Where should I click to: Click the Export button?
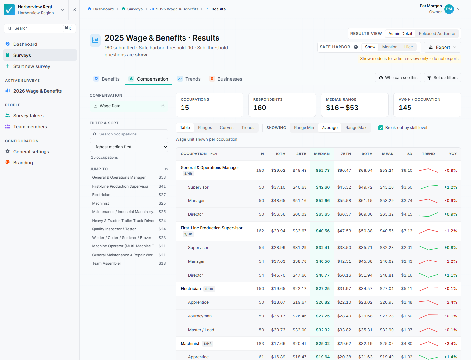pyautogui.click(x=442, y=47)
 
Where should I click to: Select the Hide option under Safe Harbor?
pyautogui.click(x=408, y=47)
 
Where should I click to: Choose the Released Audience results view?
pyautogui.click(x=437, y=34)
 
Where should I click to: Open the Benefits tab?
pyautogui.click(x=107, y=79)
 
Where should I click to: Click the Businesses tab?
pyautogui.click(x=226, y=79)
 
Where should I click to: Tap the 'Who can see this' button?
pyautogui.click(x=398, y=78)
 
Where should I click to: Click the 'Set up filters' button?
pyautogui.click(x=442, y=78)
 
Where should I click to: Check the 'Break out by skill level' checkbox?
pyautogui.click(x=381, y=128)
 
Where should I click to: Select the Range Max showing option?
pyautogui.click(x=356, y=128)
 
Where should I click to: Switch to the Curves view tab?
pyautogui.click(x=226, y=128)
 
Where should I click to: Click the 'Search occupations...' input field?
pyautogui.click(x=129, y=134)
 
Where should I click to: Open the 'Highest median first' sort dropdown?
pyautogui.click(x=129, y=147)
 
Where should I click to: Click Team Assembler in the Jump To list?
pyautogui.click(x=106, y=263)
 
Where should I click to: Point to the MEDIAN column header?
pyautogui.click(x=322, y=154)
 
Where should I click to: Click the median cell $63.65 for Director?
pyautogui.click(x=323, y=214)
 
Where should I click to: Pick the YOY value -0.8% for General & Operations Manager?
pyautogui.click(x=451, y=171)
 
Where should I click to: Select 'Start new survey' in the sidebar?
pyautogui.click(x=32, y=66)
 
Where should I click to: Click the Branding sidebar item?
pyautogui.click(x=23, y=163)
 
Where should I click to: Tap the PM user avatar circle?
pyautogui.click(x=449, y=9)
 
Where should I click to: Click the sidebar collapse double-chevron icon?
pyautogui.click(x=74, y=10)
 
